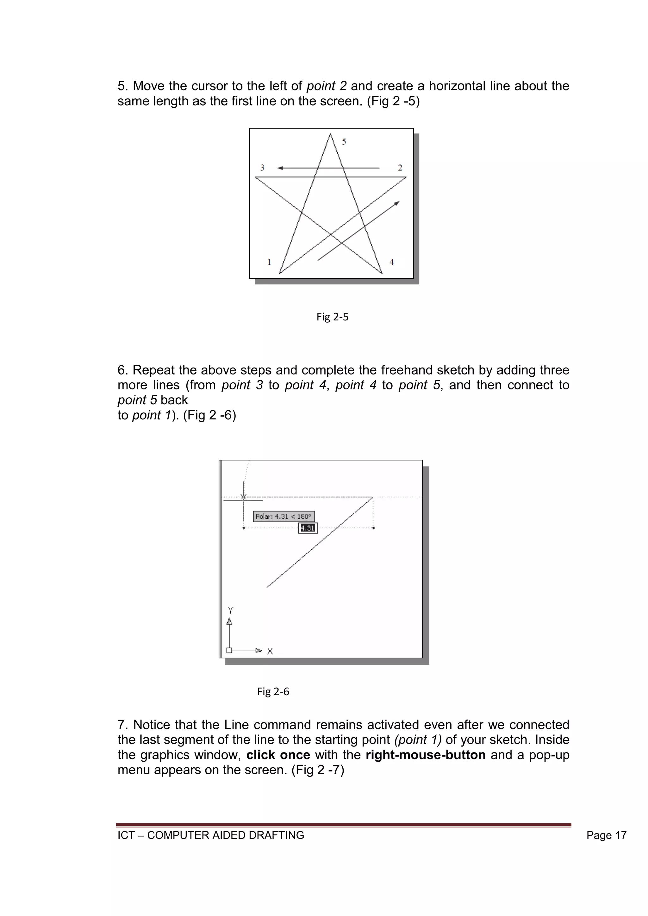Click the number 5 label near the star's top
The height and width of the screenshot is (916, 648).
click(344, 142)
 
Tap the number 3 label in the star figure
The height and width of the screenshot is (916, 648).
click(262, 168)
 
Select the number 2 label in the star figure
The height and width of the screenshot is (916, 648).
click(400, 168)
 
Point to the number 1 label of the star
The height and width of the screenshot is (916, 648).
click(269, 262)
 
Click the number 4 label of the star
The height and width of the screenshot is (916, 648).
click(391, 262)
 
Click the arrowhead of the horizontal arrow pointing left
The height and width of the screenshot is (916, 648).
click(280, 168)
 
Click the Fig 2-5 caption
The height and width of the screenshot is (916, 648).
click(332, 317)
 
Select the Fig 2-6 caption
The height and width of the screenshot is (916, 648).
click(273, 691)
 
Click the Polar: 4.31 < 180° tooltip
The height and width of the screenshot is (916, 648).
click(284, 516)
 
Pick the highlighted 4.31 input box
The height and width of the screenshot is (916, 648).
click(308, 528)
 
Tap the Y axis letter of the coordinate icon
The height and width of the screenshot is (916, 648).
click(230, 610)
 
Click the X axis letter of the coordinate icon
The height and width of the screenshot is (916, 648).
click(270, 651)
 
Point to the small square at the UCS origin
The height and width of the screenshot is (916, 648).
click(229, 650)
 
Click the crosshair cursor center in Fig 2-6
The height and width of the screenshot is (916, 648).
click(243, 497)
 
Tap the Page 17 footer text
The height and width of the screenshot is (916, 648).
click(606, 835)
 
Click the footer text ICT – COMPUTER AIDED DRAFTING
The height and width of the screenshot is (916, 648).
click(211, 835)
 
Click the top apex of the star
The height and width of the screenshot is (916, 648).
click(330, 135)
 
